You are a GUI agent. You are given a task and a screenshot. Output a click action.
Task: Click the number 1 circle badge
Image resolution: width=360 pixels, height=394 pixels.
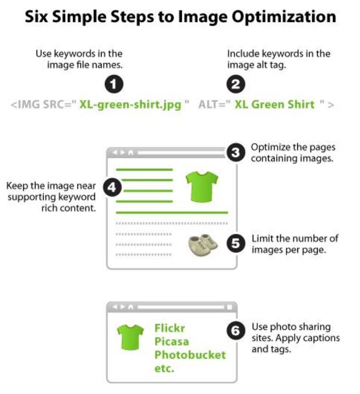pyautogui.click(x=114, y=84)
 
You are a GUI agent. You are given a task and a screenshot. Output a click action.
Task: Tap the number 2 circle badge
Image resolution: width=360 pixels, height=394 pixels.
pyautogui.click(x=236, y=84)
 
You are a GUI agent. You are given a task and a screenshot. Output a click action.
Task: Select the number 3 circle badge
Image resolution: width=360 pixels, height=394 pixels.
pyautogui.click(x=236, y=152)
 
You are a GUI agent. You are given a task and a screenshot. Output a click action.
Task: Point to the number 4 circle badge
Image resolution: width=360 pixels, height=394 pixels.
pyautogui.click(x=112, y=187)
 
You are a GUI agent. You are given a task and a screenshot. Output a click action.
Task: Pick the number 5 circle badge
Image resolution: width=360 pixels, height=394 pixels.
pyautogui.click(x=236, y=243)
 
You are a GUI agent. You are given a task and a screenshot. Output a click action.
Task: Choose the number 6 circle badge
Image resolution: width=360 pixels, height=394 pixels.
pyautogui.click(x=236, y=330)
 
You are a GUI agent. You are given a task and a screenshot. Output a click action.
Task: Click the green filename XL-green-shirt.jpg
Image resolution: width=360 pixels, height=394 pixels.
pyautogui.click(x=130, y=105)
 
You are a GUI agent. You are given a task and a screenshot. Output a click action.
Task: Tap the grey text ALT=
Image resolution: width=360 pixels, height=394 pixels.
pyautogui.click(x=214, y=105)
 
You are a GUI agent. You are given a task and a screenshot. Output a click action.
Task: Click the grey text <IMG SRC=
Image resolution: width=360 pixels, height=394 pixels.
pyautogui.click(x=43, y=105)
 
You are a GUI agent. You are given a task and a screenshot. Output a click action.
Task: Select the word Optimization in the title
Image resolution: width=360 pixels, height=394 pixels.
pyautogui.click(x=284, y=17)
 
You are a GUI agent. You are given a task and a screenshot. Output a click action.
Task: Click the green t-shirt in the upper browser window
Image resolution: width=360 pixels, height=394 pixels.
pyautogui.click(x=202, y=186)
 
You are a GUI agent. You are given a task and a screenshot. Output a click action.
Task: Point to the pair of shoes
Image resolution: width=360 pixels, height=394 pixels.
pyautogui.click(x=203, y=245)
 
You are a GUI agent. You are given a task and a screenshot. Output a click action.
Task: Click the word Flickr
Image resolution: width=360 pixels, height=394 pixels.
pyautogui.click(x=170, y=328)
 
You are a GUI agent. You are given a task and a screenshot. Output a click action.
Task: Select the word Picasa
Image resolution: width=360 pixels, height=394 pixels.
pyautogui.click(x=172, y=342)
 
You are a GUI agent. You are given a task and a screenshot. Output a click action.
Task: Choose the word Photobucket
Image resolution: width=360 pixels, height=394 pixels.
pyautogui.click(x=190, y=355)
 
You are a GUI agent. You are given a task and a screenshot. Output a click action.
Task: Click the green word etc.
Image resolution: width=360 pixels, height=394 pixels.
pyautogui.click(x=164, y=369)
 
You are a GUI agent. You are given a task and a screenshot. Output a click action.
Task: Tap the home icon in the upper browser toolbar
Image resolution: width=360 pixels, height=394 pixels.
pyautogui.click(x=131, y=153)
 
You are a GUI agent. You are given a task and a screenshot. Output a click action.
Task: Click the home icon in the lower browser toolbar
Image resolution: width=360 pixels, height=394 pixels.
pyautogui.click(x=131, y=307)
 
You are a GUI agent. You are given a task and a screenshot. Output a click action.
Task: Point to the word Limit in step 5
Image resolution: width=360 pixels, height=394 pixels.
pyautogui.click(x=262, y=239)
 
